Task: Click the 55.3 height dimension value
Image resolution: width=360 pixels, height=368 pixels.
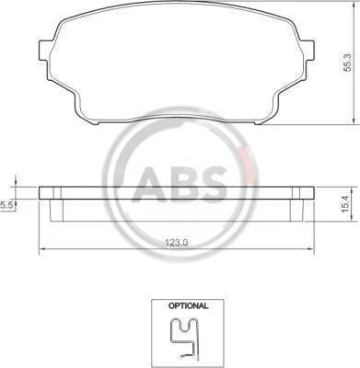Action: point(347,62)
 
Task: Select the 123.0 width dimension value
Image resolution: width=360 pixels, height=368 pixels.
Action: point(177,243)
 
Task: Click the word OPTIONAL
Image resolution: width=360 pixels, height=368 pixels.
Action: point(188,305)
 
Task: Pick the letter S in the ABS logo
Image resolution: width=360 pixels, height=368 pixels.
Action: point(215,183)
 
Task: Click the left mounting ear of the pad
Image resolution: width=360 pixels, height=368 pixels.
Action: point(43,51)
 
